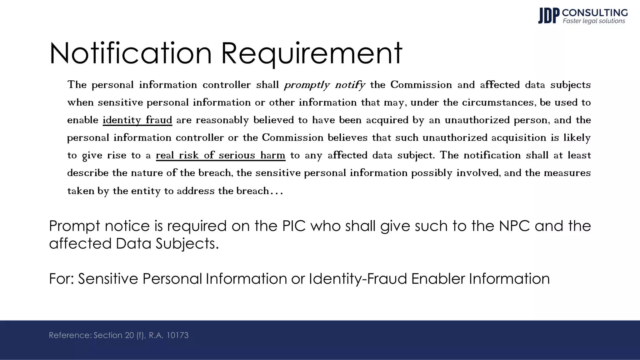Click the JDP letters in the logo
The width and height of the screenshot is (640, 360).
pos(548,16)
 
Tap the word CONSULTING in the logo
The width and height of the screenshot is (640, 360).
pos(595,12)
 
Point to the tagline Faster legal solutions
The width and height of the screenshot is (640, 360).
pos(594,21)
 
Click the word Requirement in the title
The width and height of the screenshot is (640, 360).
pos(312,53)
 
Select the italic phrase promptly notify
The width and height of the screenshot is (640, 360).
pos(324,85)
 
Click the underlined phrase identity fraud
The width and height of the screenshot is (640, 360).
pos(137,120)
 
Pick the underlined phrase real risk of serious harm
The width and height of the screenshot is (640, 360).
pos(220,155)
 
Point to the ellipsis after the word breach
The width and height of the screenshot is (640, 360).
pos(277,191)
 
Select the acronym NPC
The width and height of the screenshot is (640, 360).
pos(514,226)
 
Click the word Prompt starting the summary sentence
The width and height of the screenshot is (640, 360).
pos(75,226)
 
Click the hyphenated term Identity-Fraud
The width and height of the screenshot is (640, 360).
pos(358,278)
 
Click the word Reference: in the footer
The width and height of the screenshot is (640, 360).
pos(70,335)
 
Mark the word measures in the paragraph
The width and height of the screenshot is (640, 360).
pos(567,173)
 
